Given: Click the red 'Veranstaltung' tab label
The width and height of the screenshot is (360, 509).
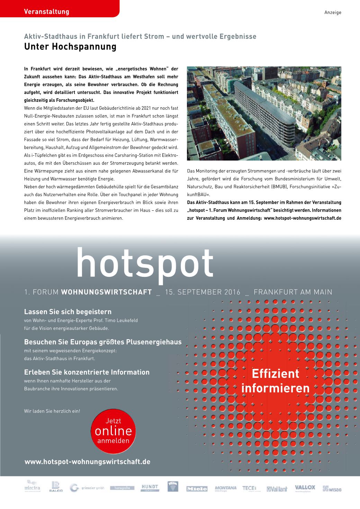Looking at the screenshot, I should point(47,12).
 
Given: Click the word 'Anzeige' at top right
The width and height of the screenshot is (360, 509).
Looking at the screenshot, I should point(333,12).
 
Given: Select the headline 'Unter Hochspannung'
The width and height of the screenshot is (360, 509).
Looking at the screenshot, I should point(70,47).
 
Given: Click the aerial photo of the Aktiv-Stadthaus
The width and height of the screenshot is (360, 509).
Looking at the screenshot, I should point(264,113).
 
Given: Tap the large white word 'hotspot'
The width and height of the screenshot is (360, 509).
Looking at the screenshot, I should point(145,264).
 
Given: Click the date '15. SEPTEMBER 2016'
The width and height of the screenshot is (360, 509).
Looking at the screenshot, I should point(203,292).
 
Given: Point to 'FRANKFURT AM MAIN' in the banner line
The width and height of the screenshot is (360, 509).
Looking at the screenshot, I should point(293,292).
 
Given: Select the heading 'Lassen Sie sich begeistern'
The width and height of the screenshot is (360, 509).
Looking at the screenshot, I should point(68,312).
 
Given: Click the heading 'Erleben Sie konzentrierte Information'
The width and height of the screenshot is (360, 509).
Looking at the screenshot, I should point(87,372).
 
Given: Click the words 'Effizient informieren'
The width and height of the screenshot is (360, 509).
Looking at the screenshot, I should point(275,381).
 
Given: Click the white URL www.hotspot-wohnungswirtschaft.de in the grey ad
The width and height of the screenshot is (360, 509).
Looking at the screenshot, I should point(87,462).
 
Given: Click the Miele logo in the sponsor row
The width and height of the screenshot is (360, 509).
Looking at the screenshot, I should point(197,489).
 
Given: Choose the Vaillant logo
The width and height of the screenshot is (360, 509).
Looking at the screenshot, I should point(277,489).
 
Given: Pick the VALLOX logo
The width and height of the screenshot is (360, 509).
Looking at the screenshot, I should point(305,488).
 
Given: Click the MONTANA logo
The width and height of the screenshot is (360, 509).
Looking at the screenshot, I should point(225,488).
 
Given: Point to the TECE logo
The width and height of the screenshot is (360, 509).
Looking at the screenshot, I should point(249,488).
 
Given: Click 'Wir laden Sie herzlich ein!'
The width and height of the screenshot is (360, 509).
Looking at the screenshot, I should point(52,411).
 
